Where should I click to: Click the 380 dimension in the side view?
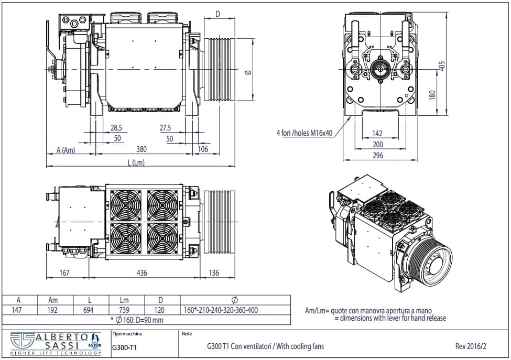(141, 149)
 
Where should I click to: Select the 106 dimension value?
(203, 149)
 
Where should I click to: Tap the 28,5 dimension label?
(116, 128)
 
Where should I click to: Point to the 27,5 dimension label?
(165, 128)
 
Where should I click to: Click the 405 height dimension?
(442, 66)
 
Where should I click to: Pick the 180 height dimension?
(432, 95)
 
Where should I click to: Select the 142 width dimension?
(377, 133)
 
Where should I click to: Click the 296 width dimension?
(378, 156)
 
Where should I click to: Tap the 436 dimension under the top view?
(142, 272)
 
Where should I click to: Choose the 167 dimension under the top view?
(64, 272)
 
